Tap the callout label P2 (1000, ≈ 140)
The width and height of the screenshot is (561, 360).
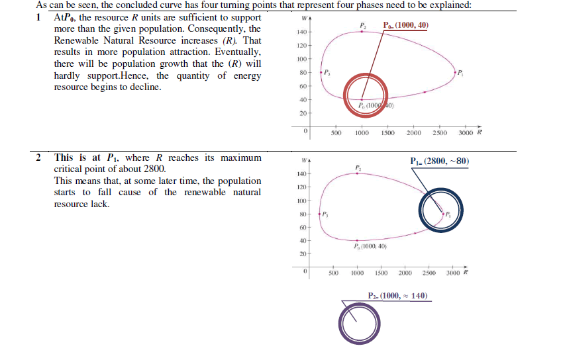[x=397, y=295]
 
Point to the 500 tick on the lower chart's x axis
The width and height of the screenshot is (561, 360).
[x=334, y=273]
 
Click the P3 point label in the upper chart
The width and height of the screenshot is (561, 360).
[x=327, y=71]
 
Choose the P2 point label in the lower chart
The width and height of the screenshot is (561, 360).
[x=358, y=167]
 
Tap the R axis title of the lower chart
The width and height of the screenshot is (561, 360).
[x=466, y=273]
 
